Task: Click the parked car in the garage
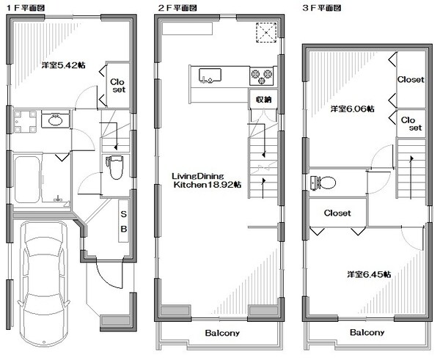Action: coord(43,284)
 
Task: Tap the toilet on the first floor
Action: coord(115,167)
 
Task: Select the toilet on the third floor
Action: coord(323,183)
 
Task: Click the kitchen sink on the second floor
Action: coord(210,76)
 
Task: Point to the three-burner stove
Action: coord(262,76)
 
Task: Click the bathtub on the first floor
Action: coord(27,180)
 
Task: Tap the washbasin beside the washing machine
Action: coord(55,120)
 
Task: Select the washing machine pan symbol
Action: coord(25,122)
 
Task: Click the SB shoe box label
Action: coord(124,221)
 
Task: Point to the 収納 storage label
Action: coord(263,99)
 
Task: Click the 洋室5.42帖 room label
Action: coord(63,65)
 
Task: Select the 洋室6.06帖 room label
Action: coord(352,109)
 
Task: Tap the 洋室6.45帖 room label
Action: coord(369,274)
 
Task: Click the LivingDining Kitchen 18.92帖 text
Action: coord(207,180)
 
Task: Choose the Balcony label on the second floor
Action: coord(222,333)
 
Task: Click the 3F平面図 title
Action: coord(321,8)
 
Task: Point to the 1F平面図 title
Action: coord(26,8)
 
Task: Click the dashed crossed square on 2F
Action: coord(266,32)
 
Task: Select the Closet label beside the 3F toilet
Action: coord(337,213)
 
